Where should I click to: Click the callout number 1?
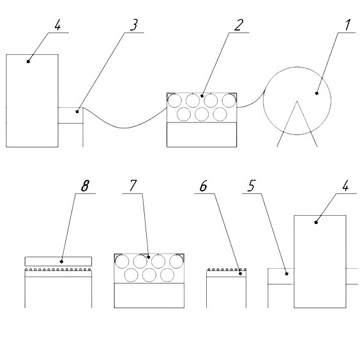348,25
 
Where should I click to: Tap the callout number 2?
239,25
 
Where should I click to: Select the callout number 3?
134,25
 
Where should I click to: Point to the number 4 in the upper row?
57,25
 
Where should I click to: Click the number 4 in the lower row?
345,186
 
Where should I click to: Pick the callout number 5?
251,186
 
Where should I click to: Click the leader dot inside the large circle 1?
317,93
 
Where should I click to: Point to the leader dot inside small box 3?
77,112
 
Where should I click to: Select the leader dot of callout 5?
287,273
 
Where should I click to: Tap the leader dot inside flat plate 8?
61,262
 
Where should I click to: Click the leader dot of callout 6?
241,273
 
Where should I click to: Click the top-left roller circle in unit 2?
175,101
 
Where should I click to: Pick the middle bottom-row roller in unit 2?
202,114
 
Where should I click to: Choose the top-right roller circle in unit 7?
176,261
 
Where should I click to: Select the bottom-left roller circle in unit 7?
131,275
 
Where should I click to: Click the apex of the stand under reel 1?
297,101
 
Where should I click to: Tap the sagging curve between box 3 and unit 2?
124,128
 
